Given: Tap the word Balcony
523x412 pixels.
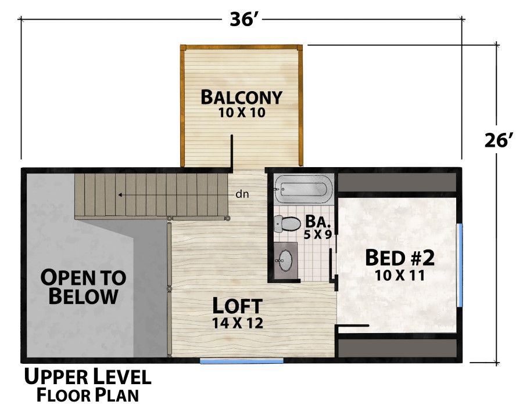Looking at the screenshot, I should click(x=241, y=97).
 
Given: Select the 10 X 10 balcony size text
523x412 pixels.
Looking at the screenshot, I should click(x=242, y=113).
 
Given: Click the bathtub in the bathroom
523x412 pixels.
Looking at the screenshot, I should click(x=302, y=189).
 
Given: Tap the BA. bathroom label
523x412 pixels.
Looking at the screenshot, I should click(x=318, y=222).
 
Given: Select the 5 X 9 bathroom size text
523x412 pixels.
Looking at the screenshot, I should click(x=318, y=236).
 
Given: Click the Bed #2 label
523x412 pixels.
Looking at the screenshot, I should click(x=400, y=257).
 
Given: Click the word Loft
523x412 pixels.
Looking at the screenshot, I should click(x=237, y=306).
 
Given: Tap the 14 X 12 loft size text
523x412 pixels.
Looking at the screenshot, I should click(x=237, y=323).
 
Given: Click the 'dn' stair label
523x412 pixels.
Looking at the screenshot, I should click(x=242, y=194).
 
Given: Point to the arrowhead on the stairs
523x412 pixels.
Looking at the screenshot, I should click(x=119, y=195).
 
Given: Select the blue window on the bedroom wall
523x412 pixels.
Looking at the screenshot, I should click(x=460, y=265).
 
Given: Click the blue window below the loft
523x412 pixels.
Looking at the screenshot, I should click(x=242, y=361).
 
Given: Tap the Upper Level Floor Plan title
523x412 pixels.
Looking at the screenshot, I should click(x=87, y=386).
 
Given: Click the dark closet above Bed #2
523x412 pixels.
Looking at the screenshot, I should click(x=397, y=183).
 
